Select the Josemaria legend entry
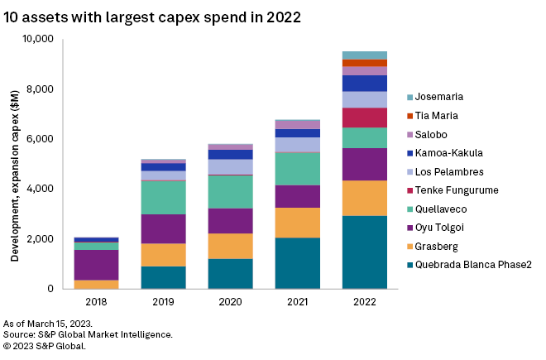click(x=439, y=98)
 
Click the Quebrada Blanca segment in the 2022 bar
click(x=365, y=252)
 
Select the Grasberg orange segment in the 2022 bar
click(x=365, y=198)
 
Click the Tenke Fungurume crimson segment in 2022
click(x=365, y=118)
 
